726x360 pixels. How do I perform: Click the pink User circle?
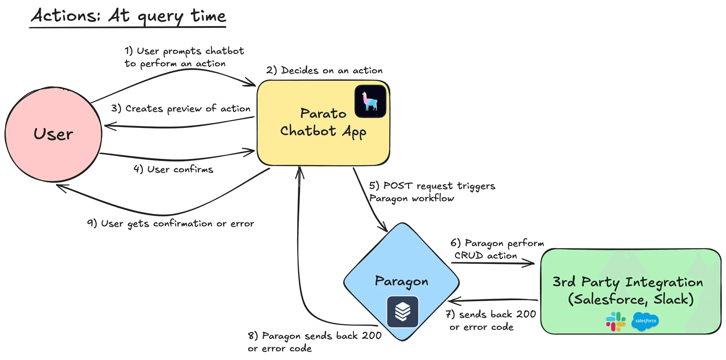point(54,134)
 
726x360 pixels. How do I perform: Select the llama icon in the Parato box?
point(370,101)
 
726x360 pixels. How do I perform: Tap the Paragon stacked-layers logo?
point(402,311)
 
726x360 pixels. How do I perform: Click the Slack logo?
point(616,321)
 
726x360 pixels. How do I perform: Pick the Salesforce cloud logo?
point(645,321)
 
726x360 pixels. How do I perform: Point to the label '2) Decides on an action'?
point(324,71)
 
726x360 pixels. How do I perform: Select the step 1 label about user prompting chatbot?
point(184,57)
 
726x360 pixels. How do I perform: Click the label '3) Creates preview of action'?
point(180,109)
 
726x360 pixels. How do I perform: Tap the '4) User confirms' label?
point(173,169)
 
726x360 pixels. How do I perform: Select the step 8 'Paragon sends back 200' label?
point(315,342)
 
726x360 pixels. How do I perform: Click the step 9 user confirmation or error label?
point(171,224)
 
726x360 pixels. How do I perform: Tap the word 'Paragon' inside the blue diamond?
point(402,281)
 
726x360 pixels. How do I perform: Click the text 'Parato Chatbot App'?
point(323,122)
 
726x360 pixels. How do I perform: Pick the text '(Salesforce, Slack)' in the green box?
point(631,299)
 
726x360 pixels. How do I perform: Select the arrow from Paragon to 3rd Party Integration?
point(493,263)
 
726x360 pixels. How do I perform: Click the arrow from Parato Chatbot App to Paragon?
point(369,198)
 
